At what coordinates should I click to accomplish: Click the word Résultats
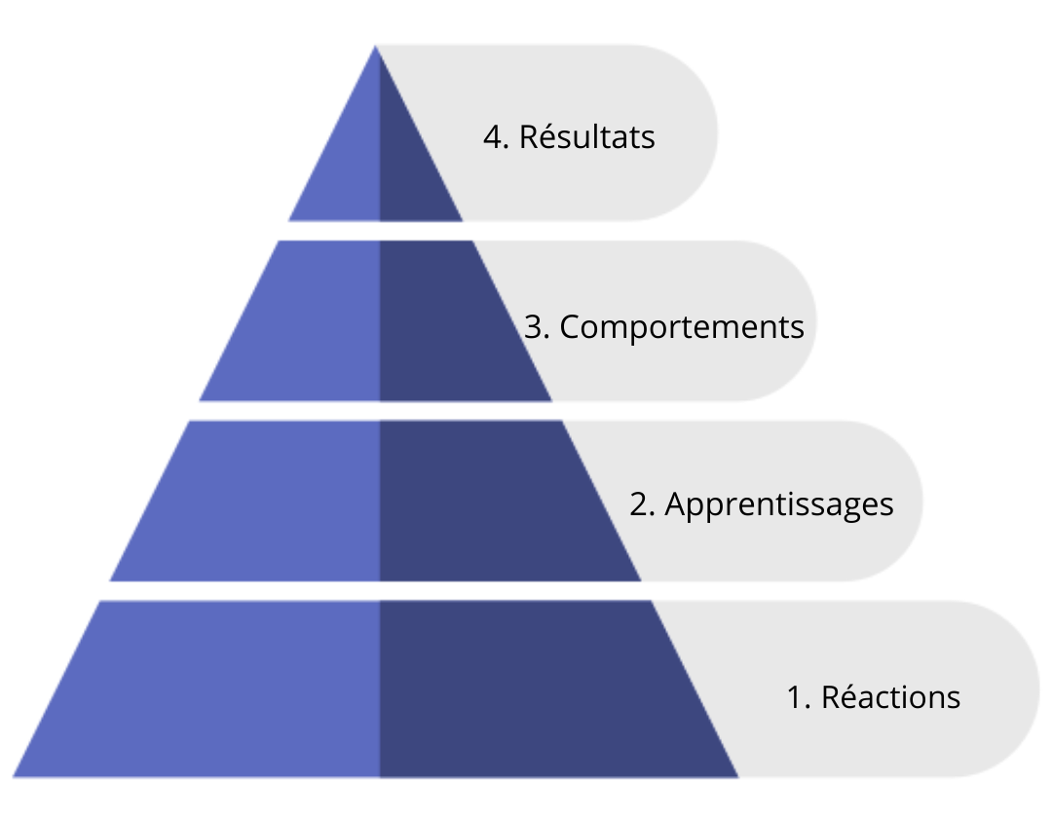click(x=587, y=137)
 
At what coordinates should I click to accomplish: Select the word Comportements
click(x=682, y=327)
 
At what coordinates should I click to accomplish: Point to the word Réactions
click(x=890, y=697)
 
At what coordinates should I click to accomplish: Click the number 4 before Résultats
click(x=494, y=137)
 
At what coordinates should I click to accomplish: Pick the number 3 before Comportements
click(x=533, y=327)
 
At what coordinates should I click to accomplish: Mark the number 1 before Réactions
click(x=795, y=698)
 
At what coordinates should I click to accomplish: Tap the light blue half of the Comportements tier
click(x=302, y=320)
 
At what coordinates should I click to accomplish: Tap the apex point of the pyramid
click(x=376, y=46)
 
